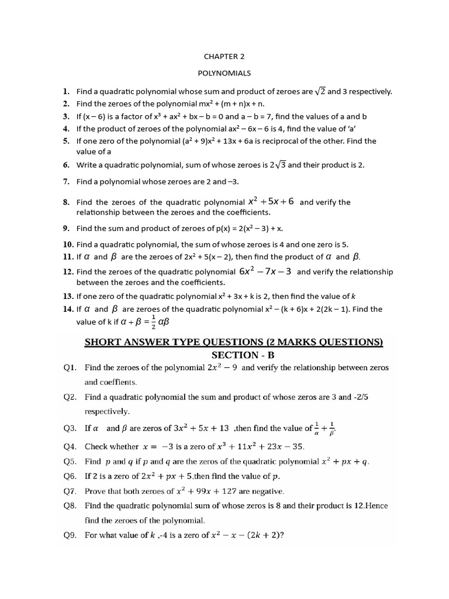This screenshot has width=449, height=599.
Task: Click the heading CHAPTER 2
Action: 224,57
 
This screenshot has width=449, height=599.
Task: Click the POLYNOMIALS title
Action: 224,73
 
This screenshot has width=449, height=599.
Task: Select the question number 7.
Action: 67,182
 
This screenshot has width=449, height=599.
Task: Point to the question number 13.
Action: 68,297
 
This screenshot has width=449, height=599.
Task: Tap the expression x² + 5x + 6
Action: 271,202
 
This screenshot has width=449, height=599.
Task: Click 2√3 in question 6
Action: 278,165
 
